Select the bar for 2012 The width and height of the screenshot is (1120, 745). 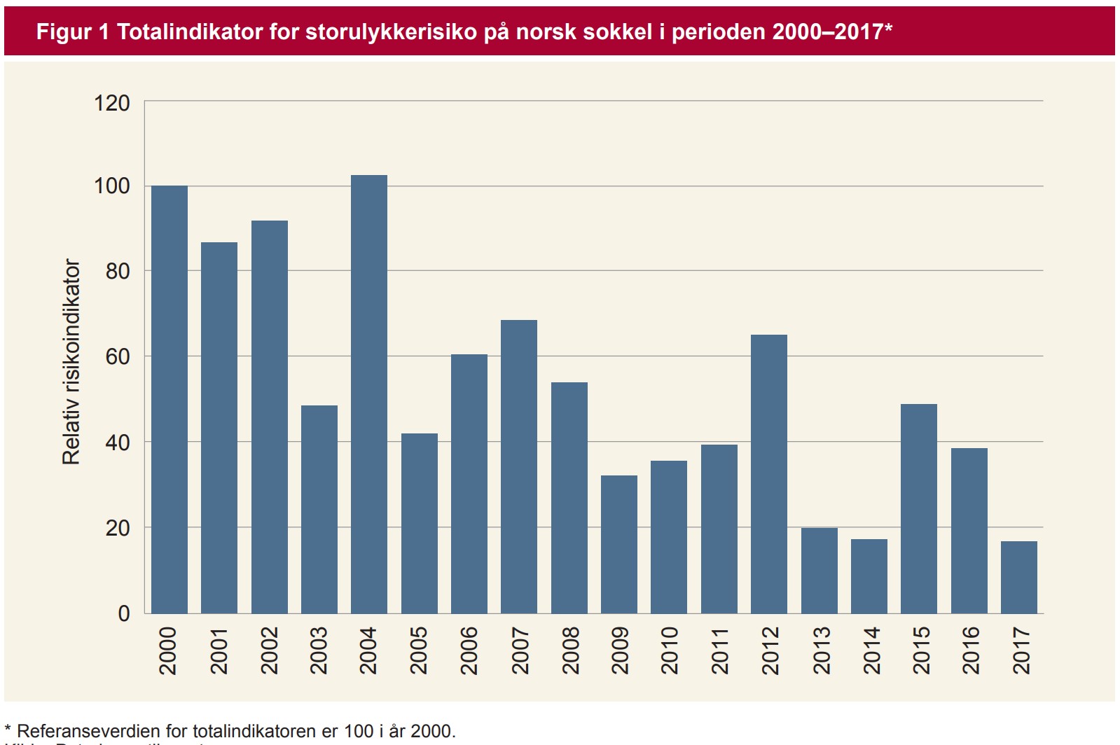click(x=769, y=474)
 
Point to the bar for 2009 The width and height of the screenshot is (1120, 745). click(x=619, y=544)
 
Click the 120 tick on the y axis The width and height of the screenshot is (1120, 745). click(x=112, y=104)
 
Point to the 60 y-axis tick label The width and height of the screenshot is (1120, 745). click(x=118, y=357)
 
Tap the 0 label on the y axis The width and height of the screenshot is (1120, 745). click(x=124, y=613)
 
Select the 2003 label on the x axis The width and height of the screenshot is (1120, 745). click(x=319, y=650)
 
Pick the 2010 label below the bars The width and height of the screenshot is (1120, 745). click(x=670, y=650)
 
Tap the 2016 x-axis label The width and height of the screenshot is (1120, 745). click(x=970, y=650)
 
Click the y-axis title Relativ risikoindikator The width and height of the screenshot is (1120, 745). click(x=71, y=361)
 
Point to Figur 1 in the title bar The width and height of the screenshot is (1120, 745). click(x=72, y=32)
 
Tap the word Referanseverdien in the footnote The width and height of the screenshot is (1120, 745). click(x=88, y=731)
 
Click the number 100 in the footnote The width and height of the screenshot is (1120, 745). click(x=359, y=731)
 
